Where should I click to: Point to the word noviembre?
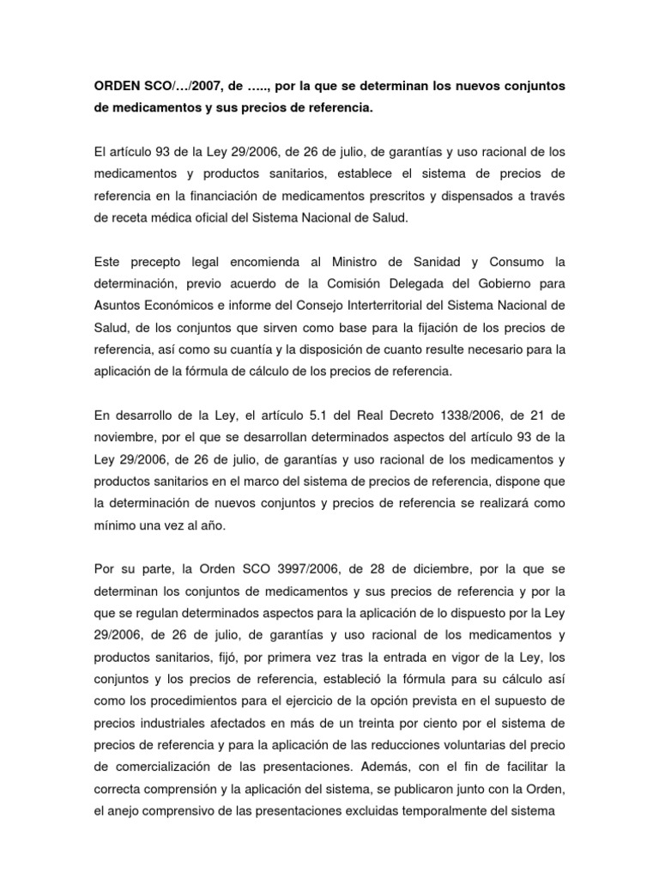point(128,437)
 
